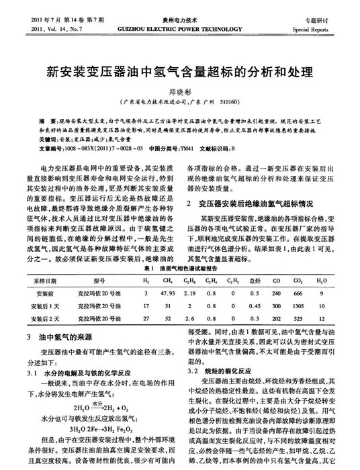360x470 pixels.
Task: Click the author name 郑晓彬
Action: [x=179, y=91]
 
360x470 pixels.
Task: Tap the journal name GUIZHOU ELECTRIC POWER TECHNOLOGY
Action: [x=179, y=30]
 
